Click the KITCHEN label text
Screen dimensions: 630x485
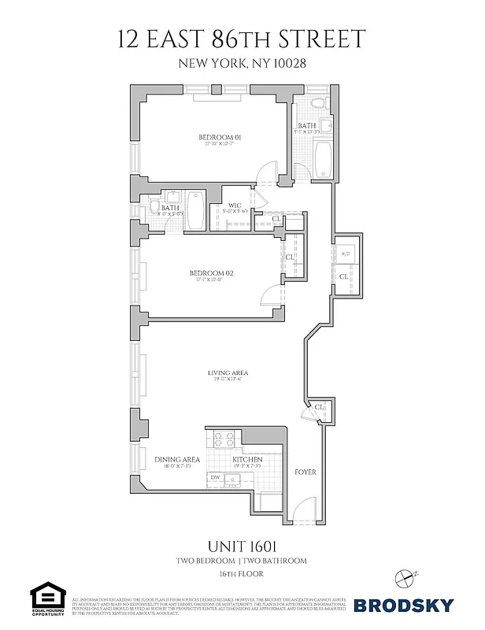tap(246, 459)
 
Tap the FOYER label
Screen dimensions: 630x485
tap(305, 472)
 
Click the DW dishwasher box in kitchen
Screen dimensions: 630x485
tap(215, 477)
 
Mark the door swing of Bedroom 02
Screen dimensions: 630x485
tap(270, 295)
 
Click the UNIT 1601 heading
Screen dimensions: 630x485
tap(242, 544)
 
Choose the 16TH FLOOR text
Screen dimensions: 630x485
tap(242, 576)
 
